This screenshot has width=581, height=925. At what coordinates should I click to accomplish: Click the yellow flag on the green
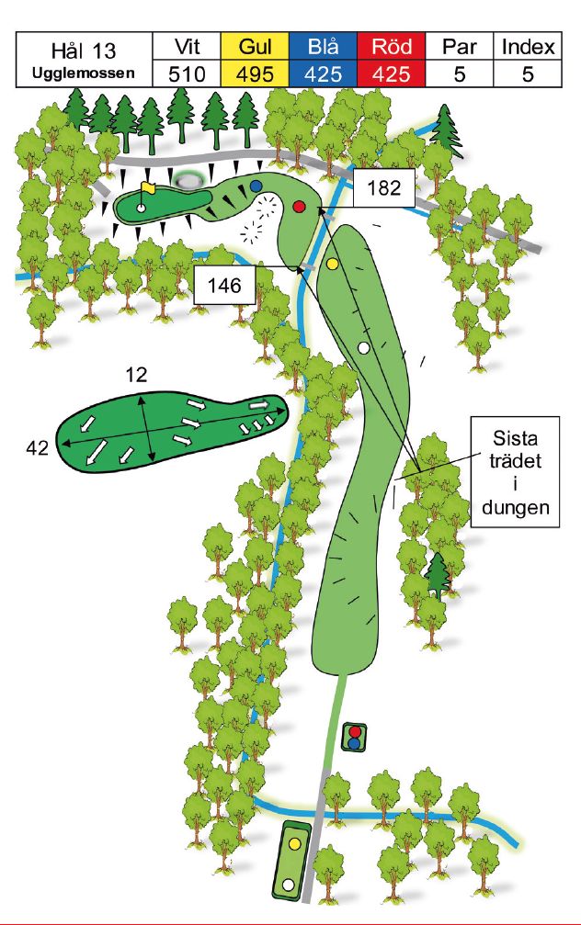(x=148, y=188)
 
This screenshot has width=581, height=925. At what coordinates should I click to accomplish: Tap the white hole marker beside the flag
(x=141, y=208)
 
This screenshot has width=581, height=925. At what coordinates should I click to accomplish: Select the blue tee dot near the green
(x=256, y=186)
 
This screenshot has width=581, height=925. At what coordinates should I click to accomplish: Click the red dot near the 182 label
(x=298, y=206)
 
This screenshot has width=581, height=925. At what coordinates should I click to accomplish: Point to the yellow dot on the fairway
(x=333, y=264)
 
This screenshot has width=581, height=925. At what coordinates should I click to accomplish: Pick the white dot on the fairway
(x=363, y=347)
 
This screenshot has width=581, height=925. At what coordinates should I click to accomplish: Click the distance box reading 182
(x=383, y=189)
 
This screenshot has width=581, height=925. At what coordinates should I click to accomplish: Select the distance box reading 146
(x=224, y=286)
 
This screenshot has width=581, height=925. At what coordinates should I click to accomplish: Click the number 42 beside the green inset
(x=36, y=447)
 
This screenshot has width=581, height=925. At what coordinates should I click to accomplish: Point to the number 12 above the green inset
(x=137, y=375)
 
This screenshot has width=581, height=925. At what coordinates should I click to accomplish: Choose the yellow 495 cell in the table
(x=256, y=73)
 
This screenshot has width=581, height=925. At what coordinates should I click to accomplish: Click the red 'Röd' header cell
(x=392, y=47)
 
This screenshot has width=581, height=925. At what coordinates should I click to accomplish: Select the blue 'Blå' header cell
(x=324, y=47)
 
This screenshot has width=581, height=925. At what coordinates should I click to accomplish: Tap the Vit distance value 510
(x=187, y=73)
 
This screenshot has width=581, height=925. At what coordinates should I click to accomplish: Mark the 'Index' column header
(x=527, y=47)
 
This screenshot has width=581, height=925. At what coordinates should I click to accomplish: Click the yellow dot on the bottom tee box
(x=295, y=841)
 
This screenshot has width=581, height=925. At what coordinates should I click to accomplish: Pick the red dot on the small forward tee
(x=355, y=732)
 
